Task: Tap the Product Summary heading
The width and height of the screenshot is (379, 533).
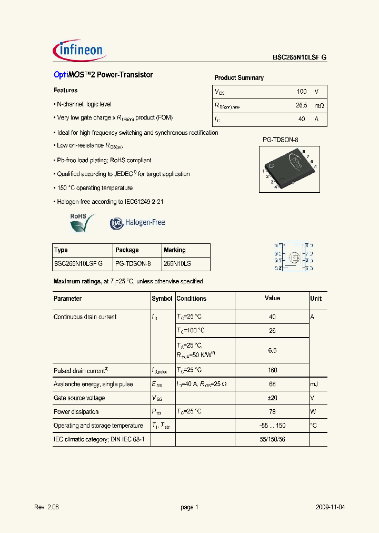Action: click(239, 78)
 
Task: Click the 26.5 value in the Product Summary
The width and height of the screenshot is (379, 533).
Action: click(301, 105)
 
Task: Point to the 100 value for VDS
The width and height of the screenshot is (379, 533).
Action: click(301, 92)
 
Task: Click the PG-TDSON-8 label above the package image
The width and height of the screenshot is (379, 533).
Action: click(281, 140)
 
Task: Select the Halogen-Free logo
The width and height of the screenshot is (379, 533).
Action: click(137, 223)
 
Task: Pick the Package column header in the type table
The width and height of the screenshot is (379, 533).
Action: click(127, 250)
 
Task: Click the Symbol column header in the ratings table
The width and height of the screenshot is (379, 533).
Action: click(162, 299)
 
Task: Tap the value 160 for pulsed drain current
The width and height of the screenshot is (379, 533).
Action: click(272, 370)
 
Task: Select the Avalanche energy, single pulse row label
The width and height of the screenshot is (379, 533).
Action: click(93, 384)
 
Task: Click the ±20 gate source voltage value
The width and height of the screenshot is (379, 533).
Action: click(272, 398)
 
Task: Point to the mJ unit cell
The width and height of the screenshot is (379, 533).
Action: click(315, 384)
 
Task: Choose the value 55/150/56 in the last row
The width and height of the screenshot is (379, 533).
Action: click(272, 439)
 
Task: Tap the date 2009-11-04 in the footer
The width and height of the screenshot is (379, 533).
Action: click(331, 507)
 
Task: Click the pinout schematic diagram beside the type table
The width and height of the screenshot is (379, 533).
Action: click(293, 257)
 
